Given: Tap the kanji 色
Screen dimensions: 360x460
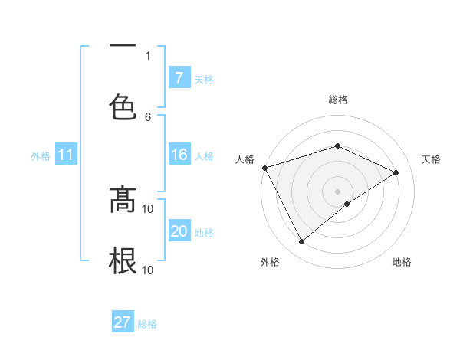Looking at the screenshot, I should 123,106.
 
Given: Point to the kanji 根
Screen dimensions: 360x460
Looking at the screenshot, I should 123,260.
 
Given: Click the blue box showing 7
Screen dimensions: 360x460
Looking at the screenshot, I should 179,78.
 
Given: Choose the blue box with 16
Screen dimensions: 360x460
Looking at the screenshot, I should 179,155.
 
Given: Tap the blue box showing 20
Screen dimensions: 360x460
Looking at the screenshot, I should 179,231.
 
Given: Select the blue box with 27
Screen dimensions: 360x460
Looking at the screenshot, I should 123,322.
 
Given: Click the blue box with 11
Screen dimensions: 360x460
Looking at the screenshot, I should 66,155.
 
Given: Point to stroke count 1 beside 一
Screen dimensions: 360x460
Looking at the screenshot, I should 148,55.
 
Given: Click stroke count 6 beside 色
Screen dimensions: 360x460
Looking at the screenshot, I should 148,116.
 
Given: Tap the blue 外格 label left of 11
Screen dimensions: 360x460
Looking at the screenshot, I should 41,155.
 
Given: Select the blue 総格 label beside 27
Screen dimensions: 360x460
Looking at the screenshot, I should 147,324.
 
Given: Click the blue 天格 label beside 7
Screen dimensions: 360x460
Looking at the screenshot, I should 204,79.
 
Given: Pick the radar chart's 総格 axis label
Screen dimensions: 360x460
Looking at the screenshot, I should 337,100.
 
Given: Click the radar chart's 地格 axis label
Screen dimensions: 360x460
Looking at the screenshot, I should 402,262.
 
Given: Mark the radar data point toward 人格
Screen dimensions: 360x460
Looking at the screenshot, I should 264,168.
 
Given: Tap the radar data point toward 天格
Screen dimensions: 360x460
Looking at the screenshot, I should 396,172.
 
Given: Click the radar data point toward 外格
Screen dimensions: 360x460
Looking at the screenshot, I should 301,242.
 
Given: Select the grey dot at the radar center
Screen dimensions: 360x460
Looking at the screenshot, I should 337,191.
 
